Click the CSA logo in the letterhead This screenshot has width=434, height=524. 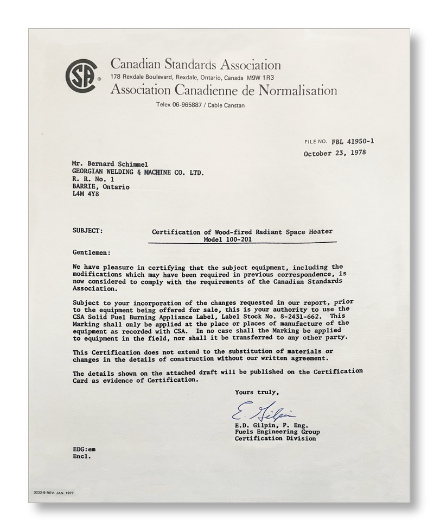click(x=80, y=77)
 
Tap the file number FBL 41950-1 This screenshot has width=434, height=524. click(x=353, y=141)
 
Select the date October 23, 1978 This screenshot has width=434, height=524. click(x=335, y=153)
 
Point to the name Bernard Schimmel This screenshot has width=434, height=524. click(x=120, y=163)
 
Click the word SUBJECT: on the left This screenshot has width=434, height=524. click(x=88, y=230)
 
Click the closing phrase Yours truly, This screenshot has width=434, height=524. click(x=257, y=392)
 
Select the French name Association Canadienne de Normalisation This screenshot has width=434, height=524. click(x=223, y=90)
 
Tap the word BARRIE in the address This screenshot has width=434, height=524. click(x=85, y=186)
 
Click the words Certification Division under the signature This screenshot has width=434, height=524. click(x=275, y=438)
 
